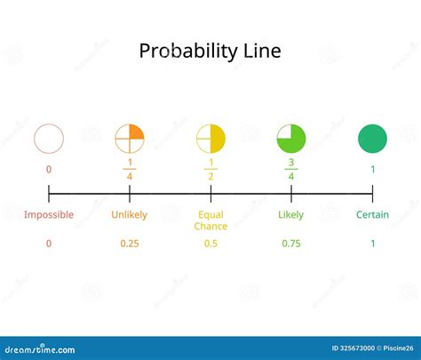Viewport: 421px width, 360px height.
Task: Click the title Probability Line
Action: [210, 51]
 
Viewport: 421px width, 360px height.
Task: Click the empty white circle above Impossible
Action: [49, 139]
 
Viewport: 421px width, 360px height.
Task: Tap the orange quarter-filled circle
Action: [130, 139]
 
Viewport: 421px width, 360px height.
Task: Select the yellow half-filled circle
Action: [210, 139]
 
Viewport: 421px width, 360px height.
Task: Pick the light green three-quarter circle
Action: [291, 139]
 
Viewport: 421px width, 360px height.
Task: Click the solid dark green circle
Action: [372, 139]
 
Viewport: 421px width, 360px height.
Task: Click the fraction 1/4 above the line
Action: [130, 170]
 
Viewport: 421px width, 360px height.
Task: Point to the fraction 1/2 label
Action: [210, 170]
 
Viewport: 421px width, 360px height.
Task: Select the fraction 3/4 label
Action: [291, 170]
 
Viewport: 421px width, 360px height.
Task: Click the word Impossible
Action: [49, 214]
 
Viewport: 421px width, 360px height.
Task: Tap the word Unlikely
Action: [130, 214]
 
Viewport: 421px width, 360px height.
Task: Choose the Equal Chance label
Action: [210, 220]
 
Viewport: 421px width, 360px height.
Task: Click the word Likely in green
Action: [291, 214]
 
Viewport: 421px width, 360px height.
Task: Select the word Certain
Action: [372, 214]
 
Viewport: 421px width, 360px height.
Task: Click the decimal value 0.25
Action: [130, 243]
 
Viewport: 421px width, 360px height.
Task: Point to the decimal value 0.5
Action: [210, 243]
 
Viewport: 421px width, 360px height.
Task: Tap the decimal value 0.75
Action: [291, 243]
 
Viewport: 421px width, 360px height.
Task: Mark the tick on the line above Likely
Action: [291, 193]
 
